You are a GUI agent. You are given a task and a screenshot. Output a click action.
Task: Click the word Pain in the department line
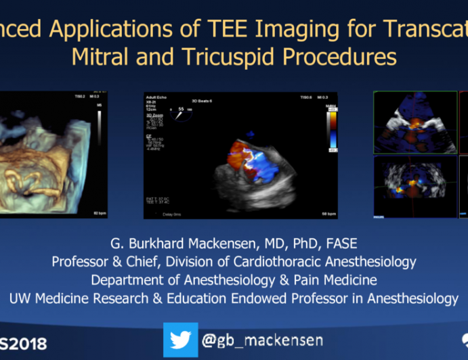pos(297,280)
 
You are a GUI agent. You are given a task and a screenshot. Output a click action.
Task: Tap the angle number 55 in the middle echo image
pos(181,108)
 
